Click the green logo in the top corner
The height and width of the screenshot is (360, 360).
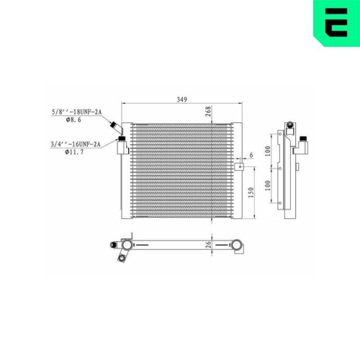337,23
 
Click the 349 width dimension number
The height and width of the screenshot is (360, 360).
181,99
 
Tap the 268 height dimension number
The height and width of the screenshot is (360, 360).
208,112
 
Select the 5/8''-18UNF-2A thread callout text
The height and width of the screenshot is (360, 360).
77,112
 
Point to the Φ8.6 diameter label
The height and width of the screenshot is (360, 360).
73,120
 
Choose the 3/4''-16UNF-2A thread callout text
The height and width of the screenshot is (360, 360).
76,144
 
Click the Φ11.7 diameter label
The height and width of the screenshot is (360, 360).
74,152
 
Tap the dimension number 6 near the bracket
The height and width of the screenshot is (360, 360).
251,155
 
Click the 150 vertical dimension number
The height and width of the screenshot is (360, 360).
251,192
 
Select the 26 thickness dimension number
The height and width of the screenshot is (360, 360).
209,245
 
